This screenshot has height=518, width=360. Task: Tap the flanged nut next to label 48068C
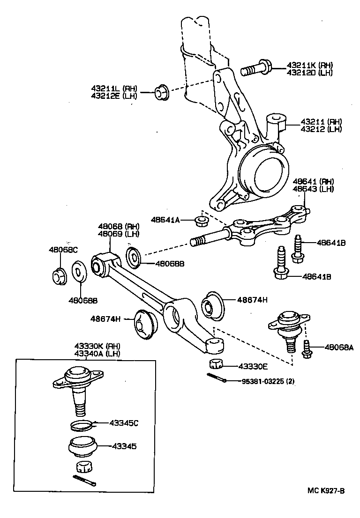59,276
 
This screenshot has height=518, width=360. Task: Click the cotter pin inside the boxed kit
84,481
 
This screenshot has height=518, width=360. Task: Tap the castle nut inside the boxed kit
82,466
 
